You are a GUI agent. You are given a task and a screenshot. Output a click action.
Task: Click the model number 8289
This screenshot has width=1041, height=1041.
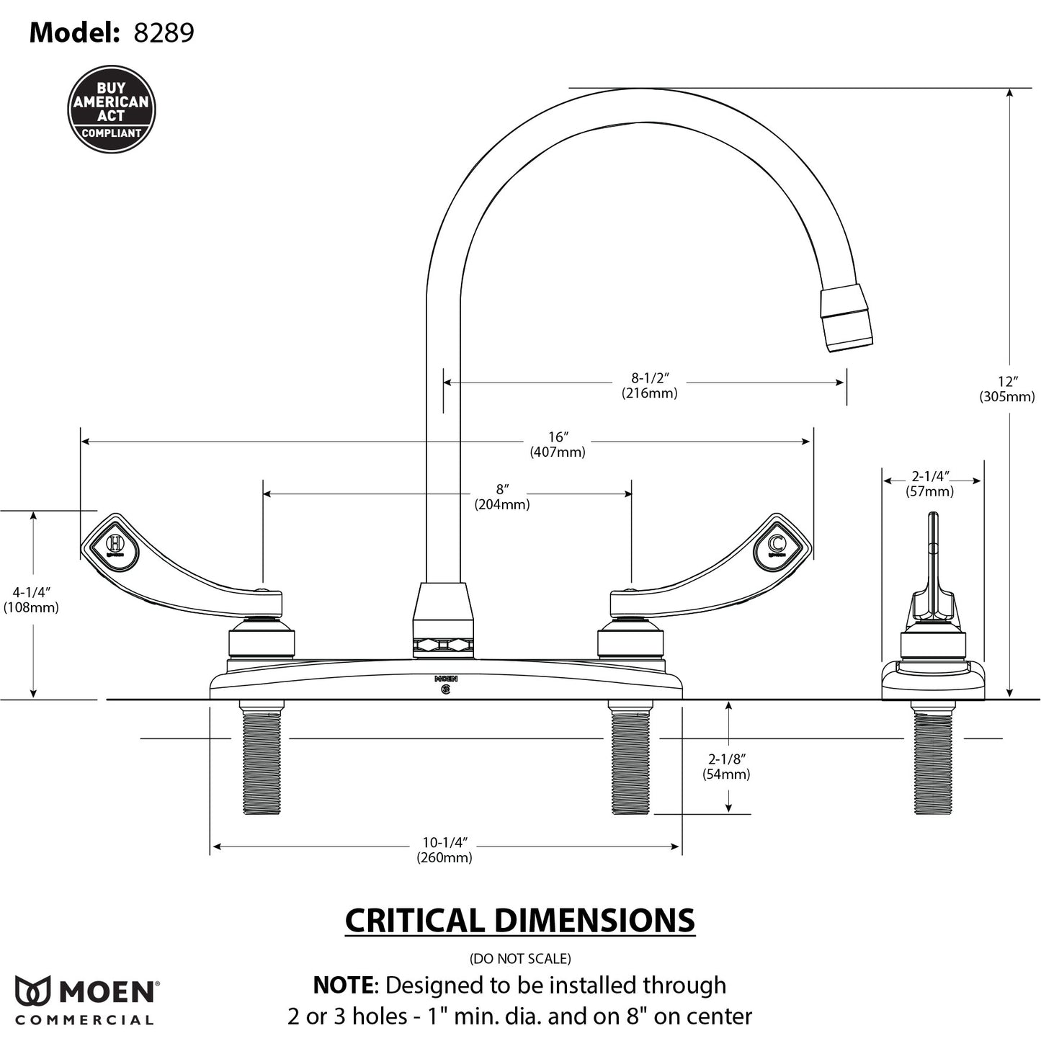pos(164,32)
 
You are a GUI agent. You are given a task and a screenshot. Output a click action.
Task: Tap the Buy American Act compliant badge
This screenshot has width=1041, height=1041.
pos(112,110)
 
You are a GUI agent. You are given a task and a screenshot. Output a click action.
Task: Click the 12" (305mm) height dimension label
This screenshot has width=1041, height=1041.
pos(1006,389)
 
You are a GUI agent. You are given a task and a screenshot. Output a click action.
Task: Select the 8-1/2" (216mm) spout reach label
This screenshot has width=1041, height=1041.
pos(649,385)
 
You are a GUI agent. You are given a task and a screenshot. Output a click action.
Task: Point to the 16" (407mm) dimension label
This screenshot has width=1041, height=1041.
pos(558,444)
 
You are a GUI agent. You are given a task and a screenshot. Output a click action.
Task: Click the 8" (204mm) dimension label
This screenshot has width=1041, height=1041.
pos(501,497)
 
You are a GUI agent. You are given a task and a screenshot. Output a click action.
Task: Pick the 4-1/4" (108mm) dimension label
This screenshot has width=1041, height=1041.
pos(31,599)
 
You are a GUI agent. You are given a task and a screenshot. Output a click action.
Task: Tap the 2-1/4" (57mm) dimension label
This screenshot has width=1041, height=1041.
pos(930,483)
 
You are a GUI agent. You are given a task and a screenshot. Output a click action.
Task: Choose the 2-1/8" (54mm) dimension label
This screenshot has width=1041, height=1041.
pos(726,767)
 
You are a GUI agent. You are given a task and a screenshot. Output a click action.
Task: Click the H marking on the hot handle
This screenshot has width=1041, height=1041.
pos(115,543)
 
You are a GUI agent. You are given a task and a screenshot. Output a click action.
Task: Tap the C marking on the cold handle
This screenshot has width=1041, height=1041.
pos(777,543)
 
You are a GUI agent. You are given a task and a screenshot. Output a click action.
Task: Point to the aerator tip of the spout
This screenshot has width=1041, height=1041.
pos(846,318)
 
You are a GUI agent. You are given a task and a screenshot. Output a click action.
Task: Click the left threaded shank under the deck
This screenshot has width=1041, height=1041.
pos(262,760)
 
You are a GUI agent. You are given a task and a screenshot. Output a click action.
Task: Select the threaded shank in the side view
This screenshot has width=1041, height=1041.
pos(934,760)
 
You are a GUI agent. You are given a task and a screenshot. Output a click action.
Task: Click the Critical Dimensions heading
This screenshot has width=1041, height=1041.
pos(519,920)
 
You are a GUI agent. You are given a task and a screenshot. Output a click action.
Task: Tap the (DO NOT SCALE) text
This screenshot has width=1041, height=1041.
pos(519,958)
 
